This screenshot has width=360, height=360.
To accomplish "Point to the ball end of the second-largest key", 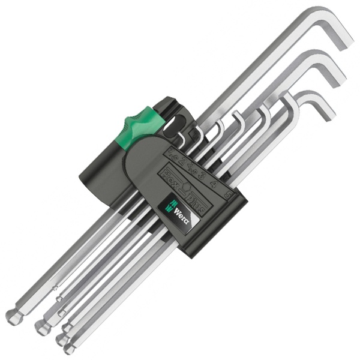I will (41, 327).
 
